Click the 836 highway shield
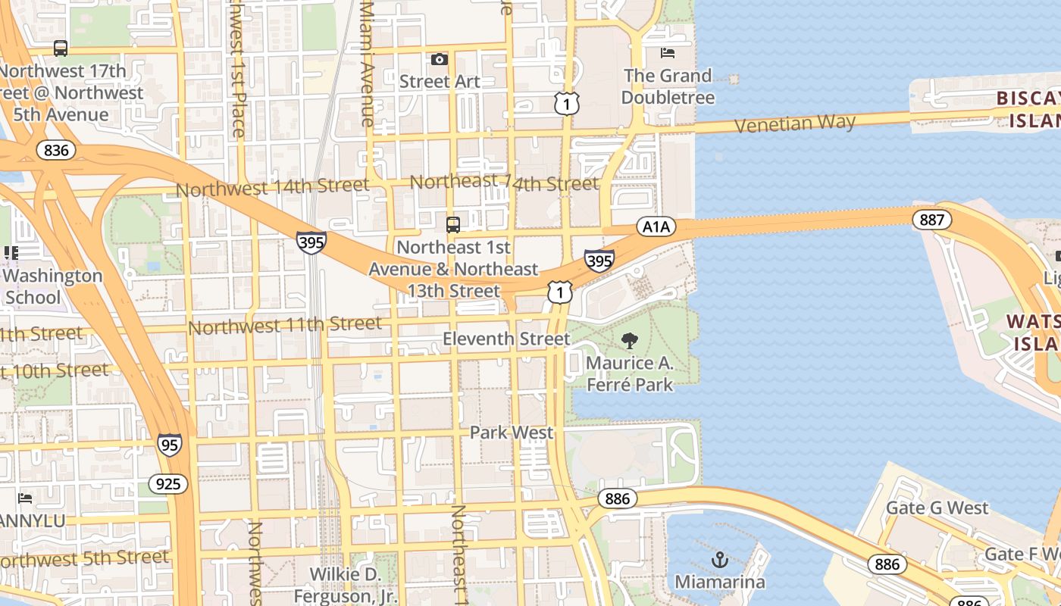click(x=56, y=150)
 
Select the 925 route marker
click(x=167, y=483)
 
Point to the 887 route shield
click(x=931, y=220)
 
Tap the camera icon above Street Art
click(x=440, y=59)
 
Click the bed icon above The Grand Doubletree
click(x=668, y=52)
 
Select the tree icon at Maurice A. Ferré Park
click(x=629, y=340)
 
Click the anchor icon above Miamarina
click(x=720, y=560)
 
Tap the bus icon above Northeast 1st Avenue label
click(x=453, y=224)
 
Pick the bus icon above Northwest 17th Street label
click(x=61, y=48)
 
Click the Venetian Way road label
click(x=795, y=123)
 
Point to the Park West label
click(x=512, y=433)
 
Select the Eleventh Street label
click(x=506, y=339)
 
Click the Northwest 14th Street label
click(x=273, y=187)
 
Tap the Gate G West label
click(x=937, y=508)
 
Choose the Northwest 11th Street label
click(x=285, y=326)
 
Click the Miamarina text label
click(x=720, y=582)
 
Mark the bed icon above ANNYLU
click(x=25, y=498)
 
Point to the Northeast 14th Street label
click(x=504, y=183)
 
